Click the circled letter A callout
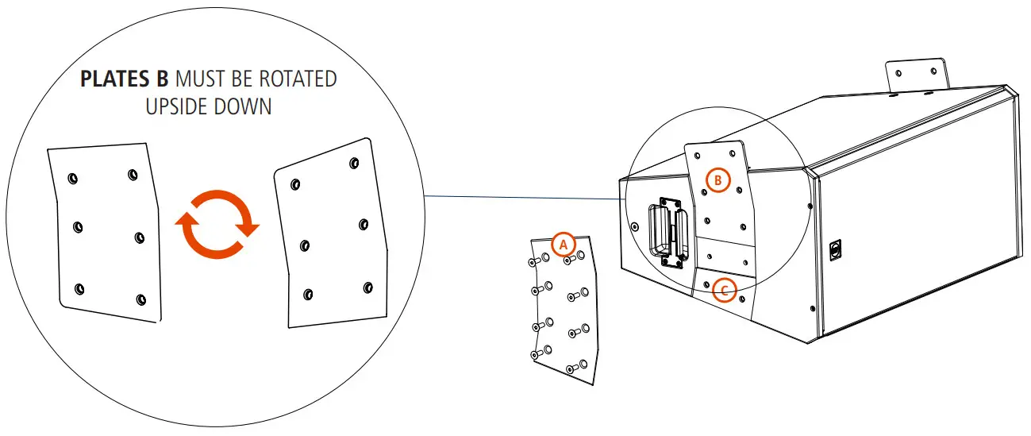[x=563, y=244]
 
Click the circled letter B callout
[x=717, y=180]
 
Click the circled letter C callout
[x=723, y=291]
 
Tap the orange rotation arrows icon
[x=217, y=225]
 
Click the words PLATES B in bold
[x=125, y=80]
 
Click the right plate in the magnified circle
[x=333, y=235]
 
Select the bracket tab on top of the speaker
[x=918, y=76]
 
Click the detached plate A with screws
[x=564, y=310]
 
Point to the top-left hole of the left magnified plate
[x=72, y=178]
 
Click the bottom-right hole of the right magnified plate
[x=367, y=287]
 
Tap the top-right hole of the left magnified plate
[x=131, y=173]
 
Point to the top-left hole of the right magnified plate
[x=295, y=183]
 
